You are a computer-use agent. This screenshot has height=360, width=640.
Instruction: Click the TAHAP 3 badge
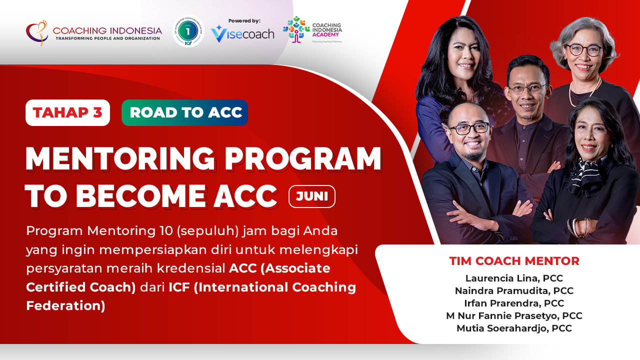[67, 113]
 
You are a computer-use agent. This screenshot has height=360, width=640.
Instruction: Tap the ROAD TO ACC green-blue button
[184, 113]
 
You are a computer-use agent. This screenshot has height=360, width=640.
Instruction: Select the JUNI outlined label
[312, 196]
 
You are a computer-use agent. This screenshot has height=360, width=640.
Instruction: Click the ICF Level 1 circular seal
[188, 31]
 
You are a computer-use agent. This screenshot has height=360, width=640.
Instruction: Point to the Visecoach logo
[242, 34]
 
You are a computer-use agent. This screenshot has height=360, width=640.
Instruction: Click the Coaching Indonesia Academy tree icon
[296, 29]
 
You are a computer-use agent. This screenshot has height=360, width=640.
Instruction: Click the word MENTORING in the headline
[120, 159]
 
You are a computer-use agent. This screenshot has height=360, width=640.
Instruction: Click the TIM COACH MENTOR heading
[514, 261]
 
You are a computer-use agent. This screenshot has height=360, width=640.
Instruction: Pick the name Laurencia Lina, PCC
[514, 278]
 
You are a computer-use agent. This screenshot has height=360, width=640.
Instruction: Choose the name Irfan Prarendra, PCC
[514, 303]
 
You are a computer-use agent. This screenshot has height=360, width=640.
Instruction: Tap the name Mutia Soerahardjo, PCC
[514, 328]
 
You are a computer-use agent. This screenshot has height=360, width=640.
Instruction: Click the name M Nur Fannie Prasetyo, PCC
[514, 316]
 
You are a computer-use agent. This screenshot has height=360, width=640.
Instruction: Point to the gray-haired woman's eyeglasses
[584, 49]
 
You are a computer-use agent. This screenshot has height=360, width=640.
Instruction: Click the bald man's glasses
[469, 128]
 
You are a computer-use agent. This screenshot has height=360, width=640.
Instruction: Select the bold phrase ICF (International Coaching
[262, 287]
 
